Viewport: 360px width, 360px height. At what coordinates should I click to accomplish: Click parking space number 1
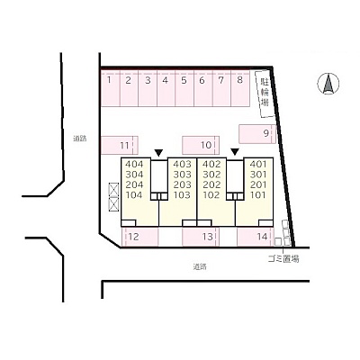click(x=110, y=88)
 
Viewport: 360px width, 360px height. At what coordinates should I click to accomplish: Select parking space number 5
click(x=184, y=88)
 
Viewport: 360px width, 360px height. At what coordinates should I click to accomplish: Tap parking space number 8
click(x=240, y=88)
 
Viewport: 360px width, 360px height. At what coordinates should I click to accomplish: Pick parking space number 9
click(x=257, y=134)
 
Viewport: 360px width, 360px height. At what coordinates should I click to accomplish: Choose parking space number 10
click(x=201, y=145)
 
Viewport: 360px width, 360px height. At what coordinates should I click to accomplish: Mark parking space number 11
click(x=120, y=145)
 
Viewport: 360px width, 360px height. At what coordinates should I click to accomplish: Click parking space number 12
click(x=140, y=237)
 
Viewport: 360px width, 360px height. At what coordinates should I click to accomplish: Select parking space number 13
click(x=201, y=237)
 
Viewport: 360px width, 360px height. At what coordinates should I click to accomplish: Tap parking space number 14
click(x=256, y=237)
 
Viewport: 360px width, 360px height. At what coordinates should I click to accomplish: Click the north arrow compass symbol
click(x=328, y=84)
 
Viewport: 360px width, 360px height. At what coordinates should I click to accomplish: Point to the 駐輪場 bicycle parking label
click(x=265, y=92)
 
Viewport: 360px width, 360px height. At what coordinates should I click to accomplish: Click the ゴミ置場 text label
click(x=283, y=259)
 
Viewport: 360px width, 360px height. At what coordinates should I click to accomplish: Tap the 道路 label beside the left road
click(x=80, y=139)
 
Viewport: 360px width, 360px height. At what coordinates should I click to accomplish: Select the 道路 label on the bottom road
click(x=200, y=266)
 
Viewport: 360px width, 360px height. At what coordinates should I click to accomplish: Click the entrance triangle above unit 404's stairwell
click(x=158, y=153)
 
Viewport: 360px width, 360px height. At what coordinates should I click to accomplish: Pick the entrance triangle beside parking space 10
click(x=235, y=152)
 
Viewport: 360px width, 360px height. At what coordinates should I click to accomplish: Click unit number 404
click(x=134, y=164)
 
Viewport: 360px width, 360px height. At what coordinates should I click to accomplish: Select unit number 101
click(x=258, y=195)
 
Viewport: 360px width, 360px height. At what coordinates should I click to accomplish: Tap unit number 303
click(x=182, y=175)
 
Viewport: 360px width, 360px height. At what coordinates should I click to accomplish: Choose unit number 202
click(x=211, y=184)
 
